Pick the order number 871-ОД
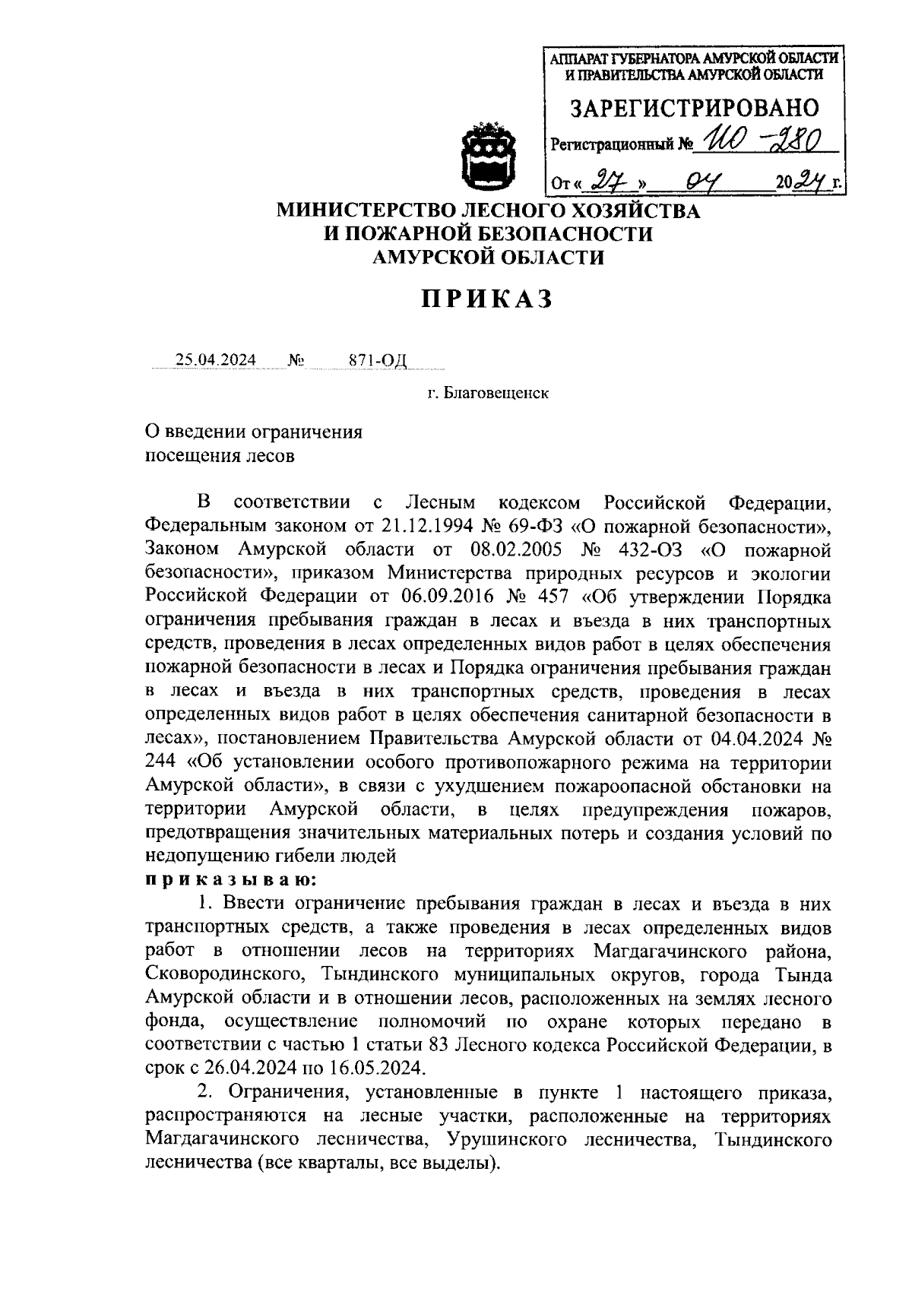(378, 359)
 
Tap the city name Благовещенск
(496, 393)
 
